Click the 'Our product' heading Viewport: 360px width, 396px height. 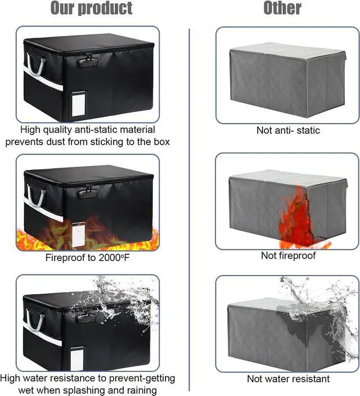(x=91, y=8)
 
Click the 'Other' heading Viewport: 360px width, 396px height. (x=282, y=7)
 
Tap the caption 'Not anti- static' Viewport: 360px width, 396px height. (x=288, y=130)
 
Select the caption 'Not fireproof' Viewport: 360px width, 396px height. (x=288, y=256)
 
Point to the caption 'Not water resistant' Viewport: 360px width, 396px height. (x=288, y=379)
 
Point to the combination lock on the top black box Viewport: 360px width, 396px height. (x=88, y=60)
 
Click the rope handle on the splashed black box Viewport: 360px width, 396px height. (x=34, y=322)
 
